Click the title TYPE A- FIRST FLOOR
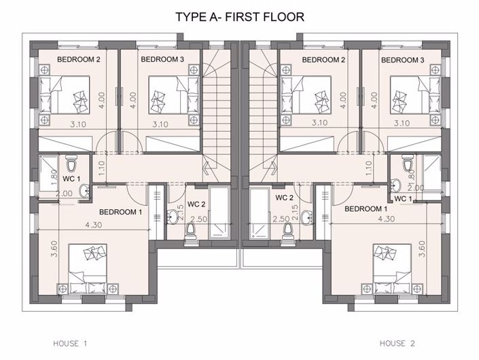pyautogui.click(x=240, y=17)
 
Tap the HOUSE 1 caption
pyautogui.click(x=70, y=344)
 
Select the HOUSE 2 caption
pyautogui.click(x=397, y=344)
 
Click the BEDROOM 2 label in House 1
pyautogui.click(x=79, y=59)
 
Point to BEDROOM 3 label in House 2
pyautogui.click(x=403, y=60)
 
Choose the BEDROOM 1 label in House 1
pyautogui.click(x=121, y=212)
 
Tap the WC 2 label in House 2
pyautogui.click(x=284, y=198)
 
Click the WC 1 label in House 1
pyautogui.click(x=71, y=179)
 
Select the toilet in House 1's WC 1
pyautogui.click(x=72, y=164)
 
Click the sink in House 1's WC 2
pyautogui.click(x=173, y=217)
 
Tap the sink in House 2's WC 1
pyautogui.click(x=396, y=185)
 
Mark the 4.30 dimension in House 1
pyautogui.click(x=94, y=225)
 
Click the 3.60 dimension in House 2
pyautogui.click(x=422, y=249)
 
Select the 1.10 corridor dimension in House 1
pyautogui.click(x=102, y=168)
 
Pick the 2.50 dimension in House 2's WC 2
pyautogui.click(x=281, y=219)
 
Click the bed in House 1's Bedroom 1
pyautogui.click(x=88, y=269)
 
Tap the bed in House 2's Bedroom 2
pyautogui.click(x=306, y=95)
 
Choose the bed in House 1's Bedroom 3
pyautogui.click(x=174, y=95)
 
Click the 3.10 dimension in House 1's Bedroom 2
pyautogui.click(x=78, y=124)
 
